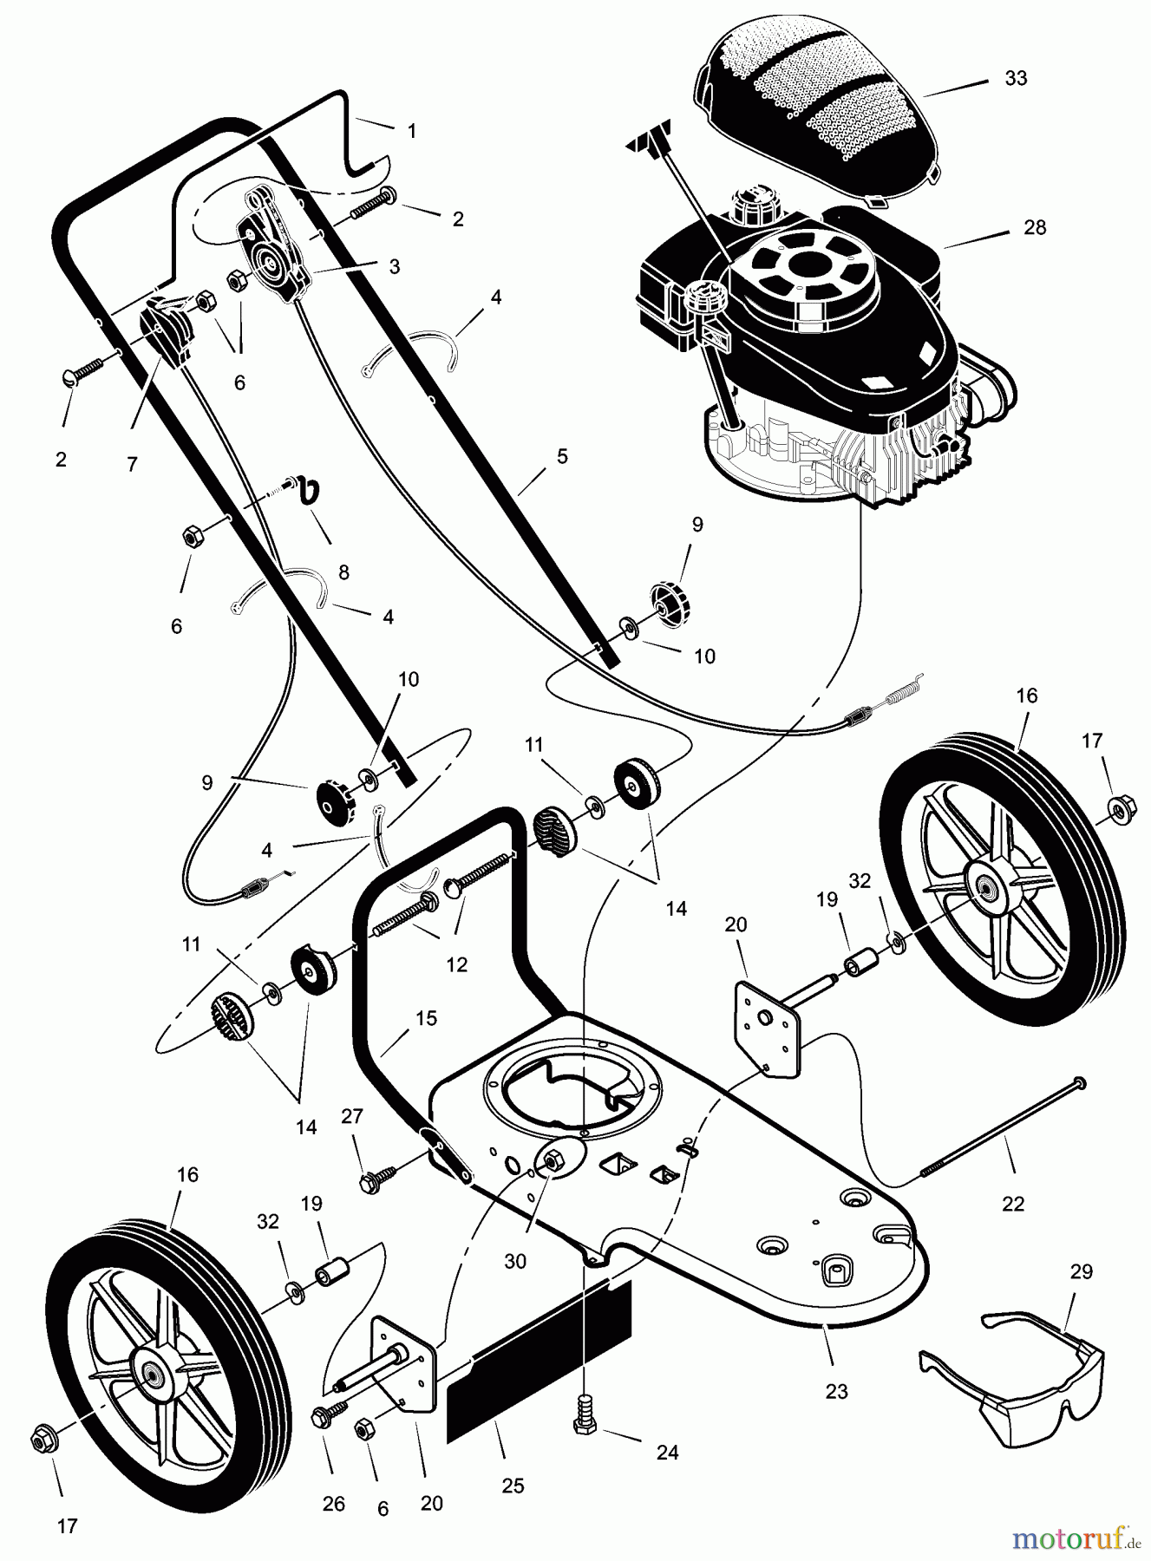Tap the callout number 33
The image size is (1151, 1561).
[1016, 78]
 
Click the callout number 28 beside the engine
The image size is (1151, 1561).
[1035, 227]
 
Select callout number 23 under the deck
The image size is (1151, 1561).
[835, 1391]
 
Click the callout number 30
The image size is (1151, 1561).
[515, 1261]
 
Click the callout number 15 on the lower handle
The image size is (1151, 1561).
[426, 1018]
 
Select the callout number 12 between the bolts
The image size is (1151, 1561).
[456, 964]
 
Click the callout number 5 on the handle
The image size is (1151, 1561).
[562, 455]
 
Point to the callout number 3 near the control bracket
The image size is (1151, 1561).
[395, 266]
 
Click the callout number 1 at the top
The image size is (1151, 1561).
[412, 131]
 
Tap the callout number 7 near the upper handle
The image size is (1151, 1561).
[132, 465]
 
